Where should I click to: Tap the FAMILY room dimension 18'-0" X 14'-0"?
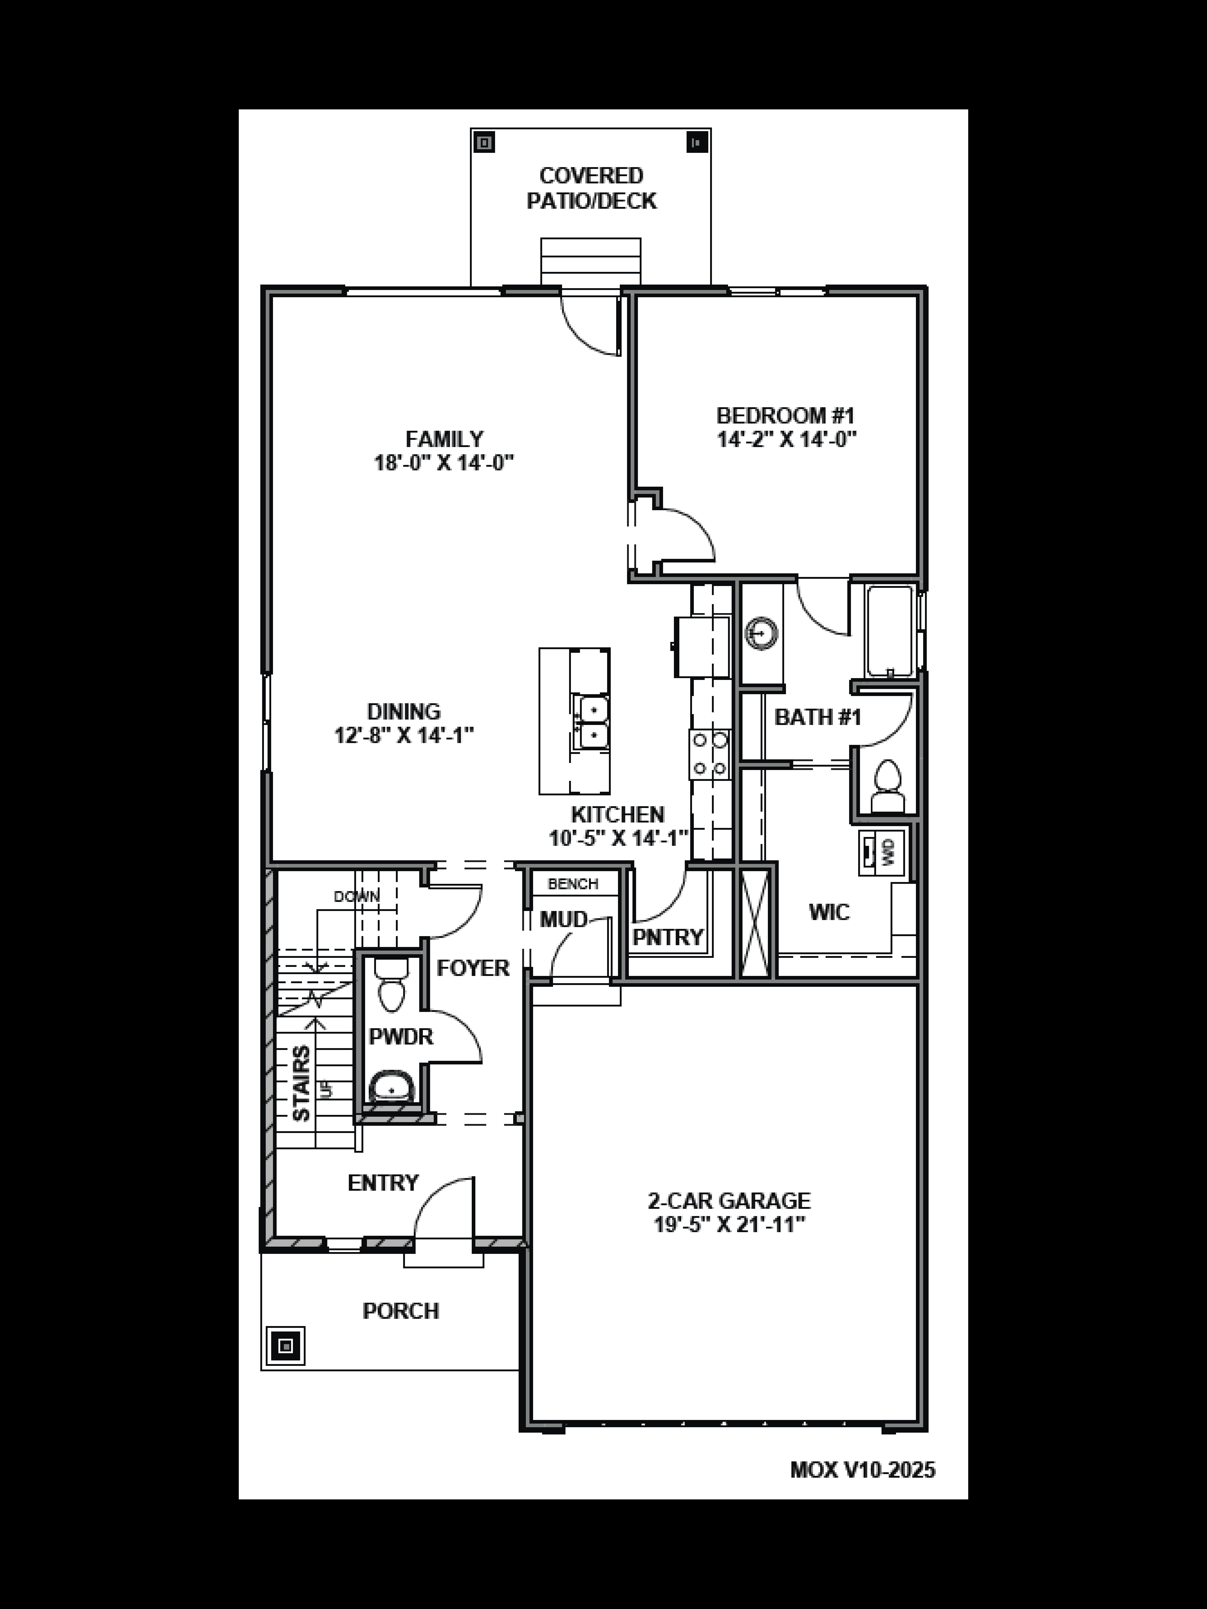[444, 463]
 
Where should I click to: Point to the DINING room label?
[404, 711]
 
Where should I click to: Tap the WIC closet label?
[829, 912]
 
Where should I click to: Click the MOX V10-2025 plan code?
[862, 1470]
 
